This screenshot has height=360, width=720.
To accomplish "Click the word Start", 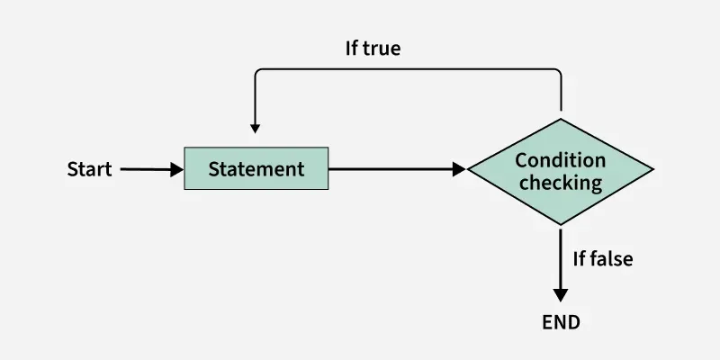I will (89, 169).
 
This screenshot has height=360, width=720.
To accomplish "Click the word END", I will (561, 321).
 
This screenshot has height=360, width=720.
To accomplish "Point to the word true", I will (382, 49).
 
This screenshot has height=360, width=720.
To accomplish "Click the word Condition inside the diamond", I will (560, 160).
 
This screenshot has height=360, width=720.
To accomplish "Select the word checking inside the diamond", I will (560, 183).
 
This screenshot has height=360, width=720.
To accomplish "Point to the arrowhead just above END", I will (561, 294).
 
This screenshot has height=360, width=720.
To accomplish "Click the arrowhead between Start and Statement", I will (176, 169).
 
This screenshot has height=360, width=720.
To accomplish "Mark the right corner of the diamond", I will (652, 169).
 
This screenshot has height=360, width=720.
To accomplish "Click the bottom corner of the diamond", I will (561, 225).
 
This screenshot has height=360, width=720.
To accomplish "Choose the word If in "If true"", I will (353, 49).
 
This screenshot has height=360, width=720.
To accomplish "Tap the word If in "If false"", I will (580, 259).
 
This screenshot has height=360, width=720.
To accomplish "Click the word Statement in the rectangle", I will (256, 169).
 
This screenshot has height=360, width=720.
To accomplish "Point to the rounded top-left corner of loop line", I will (258, 72).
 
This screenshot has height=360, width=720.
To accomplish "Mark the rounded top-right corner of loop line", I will (558, 72).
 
